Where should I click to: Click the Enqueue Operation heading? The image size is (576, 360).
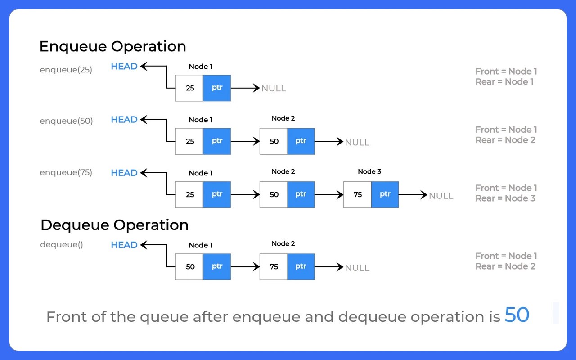pos(112,46)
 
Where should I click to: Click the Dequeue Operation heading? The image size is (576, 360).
pos(114,225)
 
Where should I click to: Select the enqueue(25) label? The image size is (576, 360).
pos(66,70)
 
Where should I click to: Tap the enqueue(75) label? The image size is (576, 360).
pos(66,173)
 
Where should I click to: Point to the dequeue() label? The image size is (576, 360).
pos(62,245)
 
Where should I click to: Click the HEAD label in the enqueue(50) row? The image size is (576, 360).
pos(124,120)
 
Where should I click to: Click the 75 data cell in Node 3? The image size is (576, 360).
pos(357,195)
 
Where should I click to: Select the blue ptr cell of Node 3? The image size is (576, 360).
pos(385,195)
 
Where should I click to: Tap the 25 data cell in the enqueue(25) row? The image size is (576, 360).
pos(189,88)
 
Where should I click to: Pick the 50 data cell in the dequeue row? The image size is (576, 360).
pos(189,267)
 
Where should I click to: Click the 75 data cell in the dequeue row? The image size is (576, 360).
pos(274,267)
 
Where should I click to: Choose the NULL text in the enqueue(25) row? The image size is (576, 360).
pos(274,89)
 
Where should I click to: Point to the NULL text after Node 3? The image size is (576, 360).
pos(441,196)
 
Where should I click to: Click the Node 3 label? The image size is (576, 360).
pos(369,171)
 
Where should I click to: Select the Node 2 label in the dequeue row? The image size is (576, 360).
pos(283,244)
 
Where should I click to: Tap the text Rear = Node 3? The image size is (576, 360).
pos(505,198)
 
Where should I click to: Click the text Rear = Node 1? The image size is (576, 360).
pos(504,82)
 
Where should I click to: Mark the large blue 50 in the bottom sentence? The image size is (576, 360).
pos(517,315)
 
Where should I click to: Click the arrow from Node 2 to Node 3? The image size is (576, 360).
pos(328,195)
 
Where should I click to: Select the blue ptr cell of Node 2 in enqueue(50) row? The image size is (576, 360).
pos(301,141)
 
